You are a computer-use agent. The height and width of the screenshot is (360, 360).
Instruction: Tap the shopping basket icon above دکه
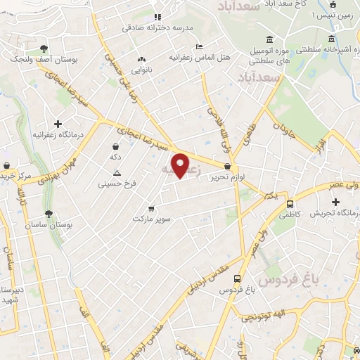pos(115,146)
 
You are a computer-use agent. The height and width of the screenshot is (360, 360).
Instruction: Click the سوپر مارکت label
pos(153,219)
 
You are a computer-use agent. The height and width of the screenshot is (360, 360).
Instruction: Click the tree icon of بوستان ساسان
pos(49,214)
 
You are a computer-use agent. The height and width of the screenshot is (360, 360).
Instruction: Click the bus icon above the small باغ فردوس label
pos(238,278)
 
